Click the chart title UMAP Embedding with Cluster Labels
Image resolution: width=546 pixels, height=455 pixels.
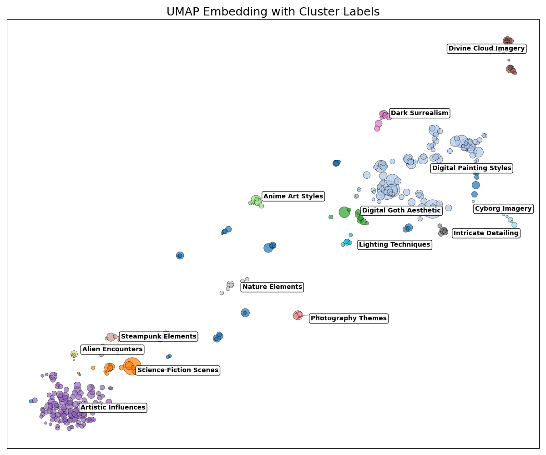point(273,12)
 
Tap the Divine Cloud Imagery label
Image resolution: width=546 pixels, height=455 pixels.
point(486,49)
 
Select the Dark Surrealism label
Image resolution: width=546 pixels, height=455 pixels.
point(419,113)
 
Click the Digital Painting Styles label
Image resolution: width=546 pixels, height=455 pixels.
point(471,168)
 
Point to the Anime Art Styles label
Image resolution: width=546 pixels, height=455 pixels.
point(293,197)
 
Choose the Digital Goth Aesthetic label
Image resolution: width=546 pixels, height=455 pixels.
point(401,210)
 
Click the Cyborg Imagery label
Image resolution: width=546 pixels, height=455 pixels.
point(503,209)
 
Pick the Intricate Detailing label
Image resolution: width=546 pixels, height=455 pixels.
point(485,233)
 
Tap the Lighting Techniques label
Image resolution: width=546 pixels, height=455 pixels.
point(394,245)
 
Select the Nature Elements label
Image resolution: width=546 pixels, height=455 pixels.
point(272,287)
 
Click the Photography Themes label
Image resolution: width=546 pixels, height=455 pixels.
point(348,318)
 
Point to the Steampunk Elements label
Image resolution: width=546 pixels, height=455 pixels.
point(158,337)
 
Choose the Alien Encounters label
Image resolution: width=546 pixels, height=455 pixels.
point(112,349)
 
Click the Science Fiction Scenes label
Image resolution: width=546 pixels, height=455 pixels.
point(177,370)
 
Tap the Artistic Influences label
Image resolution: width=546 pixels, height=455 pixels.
point(113,408)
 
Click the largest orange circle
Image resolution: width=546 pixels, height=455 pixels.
point(132,366)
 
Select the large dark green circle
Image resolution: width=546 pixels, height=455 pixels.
point(344,212)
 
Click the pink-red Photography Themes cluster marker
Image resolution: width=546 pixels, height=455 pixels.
point(298,315)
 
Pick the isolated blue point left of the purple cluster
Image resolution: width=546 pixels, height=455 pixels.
point(31,401)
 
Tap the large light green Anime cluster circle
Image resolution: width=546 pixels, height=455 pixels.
point(256,200)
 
